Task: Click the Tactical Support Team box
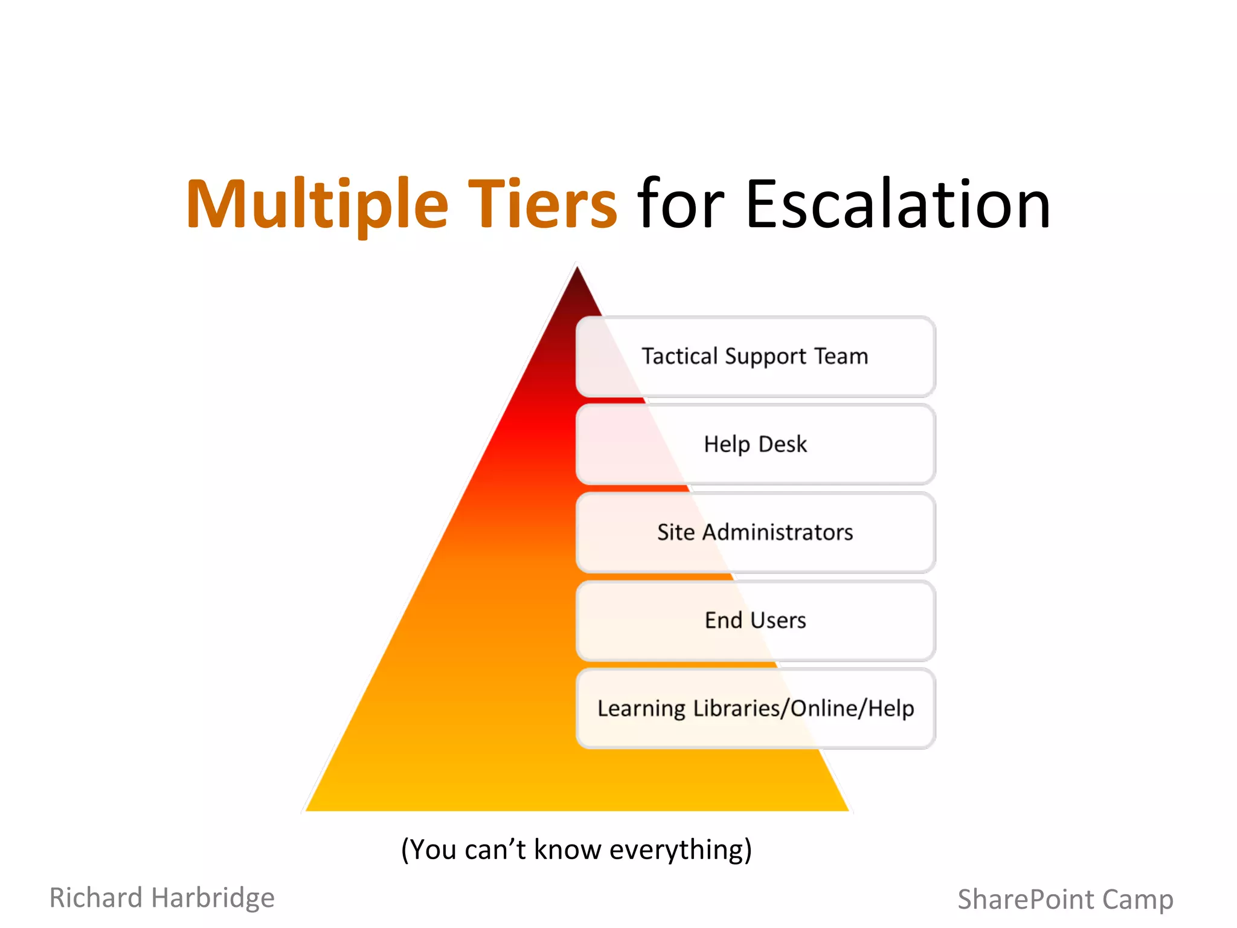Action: click(755, 356)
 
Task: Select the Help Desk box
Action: click(755, 445)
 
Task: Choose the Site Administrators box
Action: click(755, 532)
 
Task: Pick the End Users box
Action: click(755, 620)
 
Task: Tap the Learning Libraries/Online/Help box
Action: click(755, 708)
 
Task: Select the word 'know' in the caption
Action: click(567, 849)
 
